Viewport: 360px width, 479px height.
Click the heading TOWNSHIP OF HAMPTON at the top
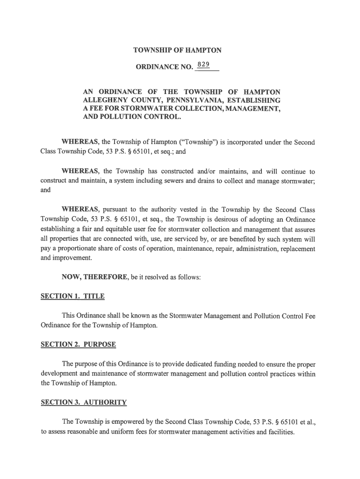point(177,50)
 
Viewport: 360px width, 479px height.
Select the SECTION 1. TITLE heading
point(72,297)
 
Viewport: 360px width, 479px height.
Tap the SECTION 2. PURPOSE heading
point(78,345)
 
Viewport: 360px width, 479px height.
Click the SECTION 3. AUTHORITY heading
point(84,402)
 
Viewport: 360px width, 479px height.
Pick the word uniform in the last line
point(123,432)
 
